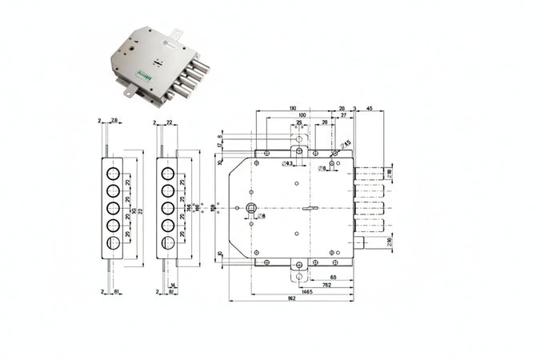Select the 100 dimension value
coord(301,116)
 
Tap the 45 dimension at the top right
coord(369,108)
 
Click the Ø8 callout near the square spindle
coord(262,216)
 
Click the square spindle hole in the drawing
coord(252,208)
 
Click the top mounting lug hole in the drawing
coord(299,150)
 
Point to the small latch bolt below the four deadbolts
coord(362,242)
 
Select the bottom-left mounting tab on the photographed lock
coord(128,94)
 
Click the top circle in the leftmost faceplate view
coord(113,173)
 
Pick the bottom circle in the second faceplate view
coord(168,242)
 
